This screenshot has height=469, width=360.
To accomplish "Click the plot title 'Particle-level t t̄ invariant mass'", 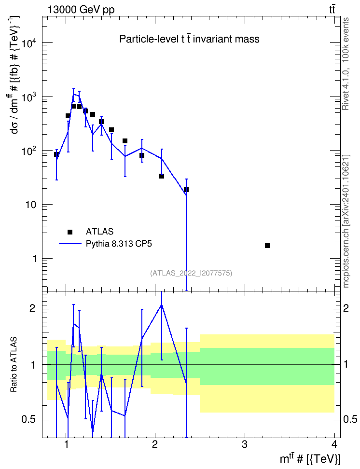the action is click(x=189, y=39).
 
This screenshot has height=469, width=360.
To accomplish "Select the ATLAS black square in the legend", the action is click(x=70, y=232).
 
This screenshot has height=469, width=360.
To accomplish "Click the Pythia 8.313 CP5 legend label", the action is click(x=119, y=244).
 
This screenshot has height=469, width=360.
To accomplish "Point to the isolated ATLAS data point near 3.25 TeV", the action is click(x=267, y=246).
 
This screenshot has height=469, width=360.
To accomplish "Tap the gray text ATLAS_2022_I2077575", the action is click(x=191, y=273).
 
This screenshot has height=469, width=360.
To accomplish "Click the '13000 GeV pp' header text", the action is click(x=81, y=10).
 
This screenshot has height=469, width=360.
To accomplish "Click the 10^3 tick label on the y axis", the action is click(x=29, y=97).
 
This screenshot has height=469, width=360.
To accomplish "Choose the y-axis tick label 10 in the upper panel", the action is click(x=31, y=205).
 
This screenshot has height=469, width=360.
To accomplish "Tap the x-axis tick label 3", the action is click(x=245, y=444).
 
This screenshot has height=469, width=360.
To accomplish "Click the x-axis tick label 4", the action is click(x=334, y=444).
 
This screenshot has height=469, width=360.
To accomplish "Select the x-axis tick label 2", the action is click(x=155, y=444).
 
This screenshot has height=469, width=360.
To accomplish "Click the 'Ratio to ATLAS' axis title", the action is click(x=14, y=365).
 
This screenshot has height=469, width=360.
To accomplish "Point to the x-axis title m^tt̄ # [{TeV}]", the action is click(x=310, y=458).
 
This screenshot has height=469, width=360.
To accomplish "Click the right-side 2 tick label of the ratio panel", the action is click(x=346, y=308).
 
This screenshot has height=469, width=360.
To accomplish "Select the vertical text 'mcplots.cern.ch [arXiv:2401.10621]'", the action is click(x=346, y=221).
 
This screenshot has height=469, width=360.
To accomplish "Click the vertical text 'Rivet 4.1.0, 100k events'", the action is click(x=346, y=64).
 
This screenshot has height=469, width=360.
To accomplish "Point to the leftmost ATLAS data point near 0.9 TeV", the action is click(x=56, y=154).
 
